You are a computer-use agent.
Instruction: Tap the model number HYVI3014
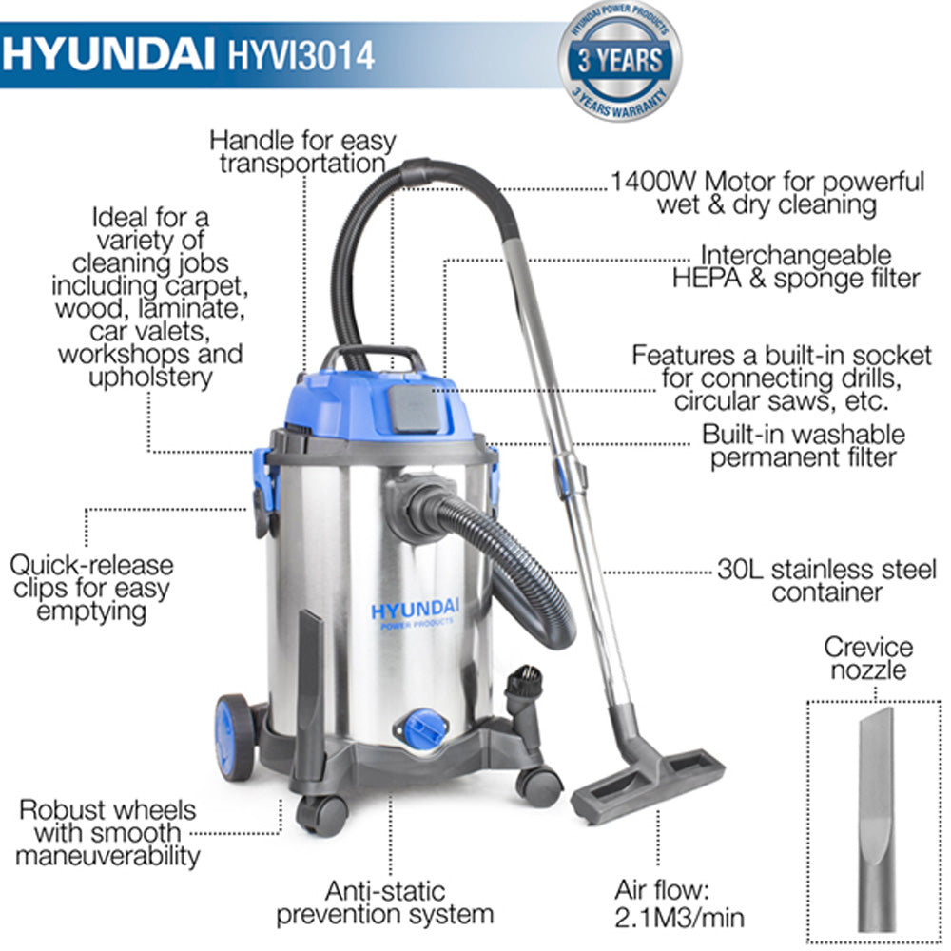302,54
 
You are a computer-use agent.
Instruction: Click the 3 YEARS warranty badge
620,61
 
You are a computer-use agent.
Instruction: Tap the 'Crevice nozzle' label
867,659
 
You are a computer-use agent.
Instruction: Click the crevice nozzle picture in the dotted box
875,818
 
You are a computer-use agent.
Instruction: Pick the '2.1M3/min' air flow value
679,917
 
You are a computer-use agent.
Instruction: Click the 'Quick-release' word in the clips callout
92,565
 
